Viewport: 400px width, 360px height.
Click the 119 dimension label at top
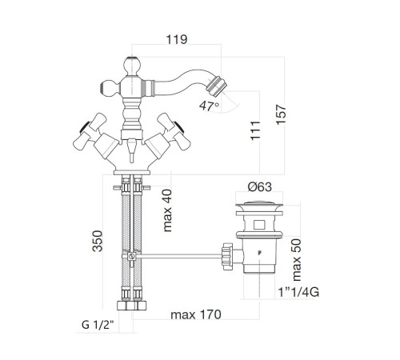pyautogui.click(x=177, y=39)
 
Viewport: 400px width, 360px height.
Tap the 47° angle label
pyautogui.click(x=209, y=106)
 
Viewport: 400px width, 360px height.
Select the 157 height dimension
pyautogui.click(x=281, y=114)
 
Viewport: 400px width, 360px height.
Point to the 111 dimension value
pyautogui.click(x=255, y=130)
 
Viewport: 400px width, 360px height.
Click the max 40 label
pyautogui.click(x=167, y=210)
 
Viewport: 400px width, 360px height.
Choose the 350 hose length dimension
pyautogui.click(x=98, y=241)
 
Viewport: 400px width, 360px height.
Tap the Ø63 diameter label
pyautogui.click(x=260, y=186)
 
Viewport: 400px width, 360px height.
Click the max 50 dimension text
pyautogui.click(x=297, y=260)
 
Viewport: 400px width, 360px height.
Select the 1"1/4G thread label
pyautogui.click(x=298, y=292)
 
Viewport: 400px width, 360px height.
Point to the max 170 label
pyautogui.click(x=196, y=314)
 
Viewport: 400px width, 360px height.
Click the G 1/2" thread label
pyautogui.click(x=98, y=325)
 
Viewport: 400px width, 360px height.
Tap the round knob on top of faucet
pyautogui.click(x=132, y=66)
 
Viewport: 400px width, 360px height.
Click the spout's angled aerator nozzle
pyautogui.click(x=217, y=86)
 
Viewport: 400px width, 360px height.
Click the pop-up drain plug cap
pyautogui.click(x=259, y=205)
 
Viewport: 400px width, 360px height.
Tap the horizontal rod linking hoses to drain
pyautogui.click(x=178, y=257)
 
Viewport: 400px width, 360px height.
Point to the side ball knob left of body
pyautogui.click(x=110, y=88)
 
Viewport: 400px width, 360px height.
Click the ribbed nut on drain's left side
pyautogui.click(x=227, y=256)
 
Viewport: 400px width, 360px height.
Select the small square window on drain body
pyautogui.click(x=259, y=225)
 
